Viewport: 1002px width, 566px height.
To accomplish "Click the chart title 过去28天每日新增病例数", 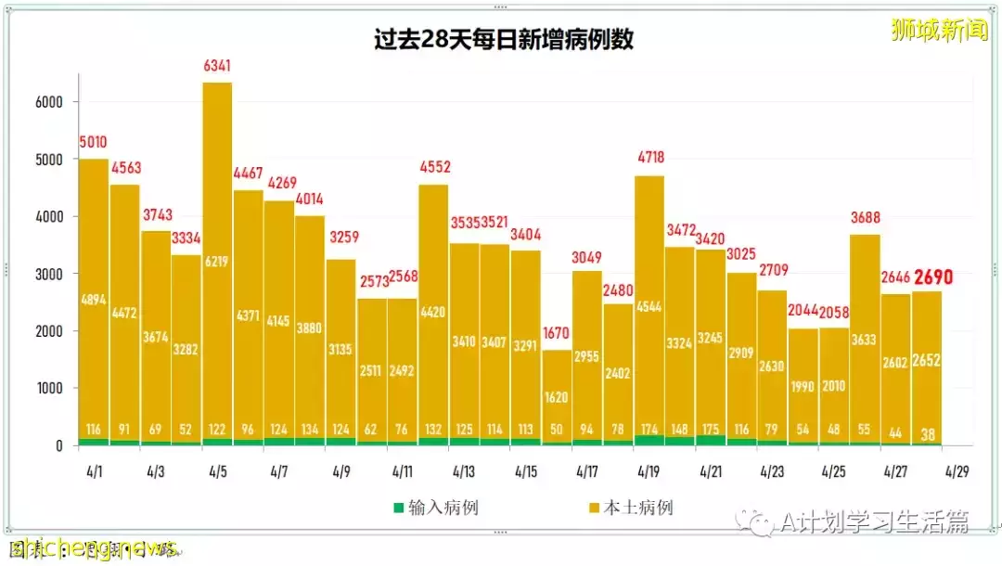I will (x=503, y=41).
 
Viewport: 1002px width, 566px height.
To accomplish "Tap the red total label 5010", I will (x=93, y=143).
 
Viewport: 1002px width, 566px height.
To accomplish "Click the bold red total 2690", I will (x=932, y=277).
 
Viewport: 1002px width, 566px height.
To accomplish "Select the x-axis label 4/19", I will (x=649, y=471).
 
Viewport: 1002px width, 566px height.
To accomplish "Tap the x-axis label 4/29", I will (x=957, y=471).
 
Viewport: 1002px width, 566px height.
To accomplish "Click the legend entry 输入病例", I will (x=436, y=508).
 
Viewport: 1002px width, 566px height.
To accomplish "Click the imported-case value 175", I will (x=711, y=430).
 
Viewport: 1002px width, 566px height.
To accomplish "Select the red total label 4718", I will (x=649, y=158).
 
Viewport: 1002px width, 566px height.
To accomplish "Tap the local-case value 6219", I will (x=217, y=262).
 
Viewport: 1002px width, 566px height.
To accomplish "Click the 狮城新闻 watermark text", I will (x=939, y=30).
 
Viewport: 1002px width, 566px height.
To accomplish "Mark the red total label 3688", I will (x=865, y=218).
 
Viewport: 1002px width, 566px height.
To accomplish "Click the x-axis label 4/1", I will (x=93, y=471).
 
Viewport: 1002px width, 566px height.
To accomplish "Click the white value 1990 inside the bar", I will (x=803, y=386).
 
